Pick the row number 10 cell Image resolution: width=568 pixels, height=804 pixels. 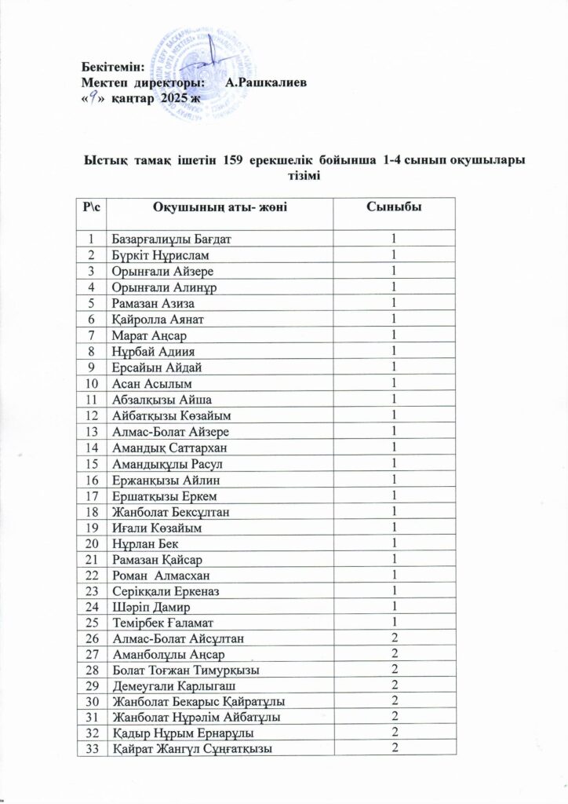point(93,383)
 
